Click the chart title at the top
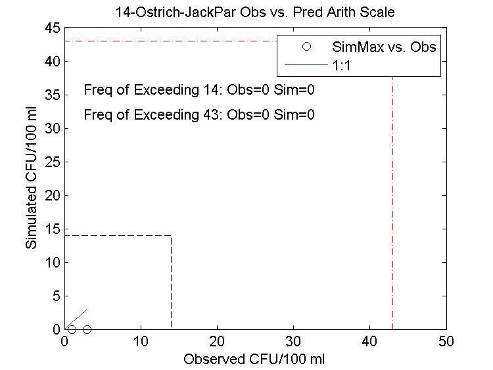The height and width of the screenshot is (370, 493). pyautogui.click(x=255, y=12)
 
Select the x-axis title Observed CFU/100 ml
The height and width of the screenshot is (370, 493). pyautogui.click(x=254, y=359)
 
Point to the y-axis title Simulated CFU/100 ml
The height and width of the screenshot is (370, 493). pyautogui.click(x=31, y=179)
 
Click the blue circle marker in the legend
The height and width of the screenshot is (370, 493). pyautogui.click(x=306, y=47)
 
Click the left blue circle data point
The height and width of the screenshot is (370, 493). pyautogui.click(x=72, y=329)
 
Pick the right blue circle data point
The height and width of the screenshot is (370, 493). pyautogui.click(x=87, y=329)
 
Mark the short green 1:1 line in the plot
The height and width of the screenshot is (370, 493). pyautogui.click(x=77, y=317)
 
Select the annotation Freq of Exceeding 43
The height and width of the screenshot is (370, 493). pyautogui.click(x=199, y=115)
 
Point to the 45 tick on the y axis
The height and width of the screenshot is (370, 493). pyautogui.click(x=53, y=28)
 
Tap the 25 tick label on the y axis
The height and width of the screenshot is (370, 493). pyautogui.click(x=53, y=162)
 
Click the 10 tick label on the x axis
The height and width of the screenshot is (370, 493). pyautogui.click(x=141, y=342)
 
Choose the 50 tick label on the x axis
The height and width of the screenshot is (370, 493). pyautogui.click(x=446, y=342)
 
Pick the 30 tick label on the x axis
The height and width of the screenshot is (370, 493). pyautogui.click(x=294, y=342)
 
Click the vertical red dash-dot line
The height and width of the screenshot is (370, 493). pyautogui.click(x=392, y=197)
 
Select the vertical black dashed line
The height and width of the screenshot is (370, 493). pyautogui.click(x=172, y=283)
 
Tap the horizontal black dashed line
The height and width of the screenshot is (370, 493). pyautogui.click(x=118, y=235)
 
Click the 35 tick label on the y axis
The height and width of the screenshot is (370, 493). pyautogui.click(x=53, y=95)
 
